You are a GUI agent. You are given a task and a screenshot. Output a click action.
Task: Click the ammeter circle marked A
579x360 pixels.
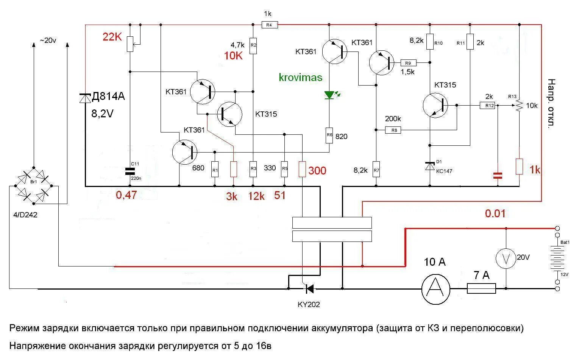(x=435, y=289)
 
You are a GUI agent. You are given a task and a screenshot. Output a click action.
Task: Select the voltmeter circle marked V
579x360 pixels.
(x=506, y=258)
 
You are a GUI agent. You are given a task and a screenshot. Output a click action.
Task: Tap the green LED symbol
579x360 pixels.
(x=329, y=95)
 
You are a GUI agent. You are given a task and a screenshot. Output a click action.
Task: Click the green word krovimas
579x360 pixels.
(x=300, y=78)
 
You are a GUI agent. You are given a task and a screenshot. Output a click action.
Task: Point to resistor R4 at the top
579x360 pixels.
(x=270, y=25)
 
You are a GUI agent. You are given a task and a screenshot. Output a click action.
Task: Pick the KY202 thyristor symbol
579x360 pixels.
(x=309, y=289)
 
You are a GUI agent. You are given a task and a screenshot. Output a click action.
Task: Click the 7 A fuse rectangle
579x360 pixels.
(x=481, y=289)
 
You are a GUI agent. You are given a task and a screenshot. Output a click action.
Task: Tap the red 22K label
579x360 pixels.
(x=112, y=37)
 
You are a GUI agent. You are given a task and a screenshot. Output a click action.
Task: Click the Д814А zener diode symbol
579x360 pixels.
(x=85, y=98)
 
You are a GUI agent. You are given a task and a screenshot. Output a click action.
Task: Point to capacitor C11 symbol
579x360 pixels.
(x=130, y=171)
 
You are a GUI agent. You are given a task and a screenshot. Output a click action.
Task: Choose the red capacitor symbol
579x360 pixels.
(x=498, y=175)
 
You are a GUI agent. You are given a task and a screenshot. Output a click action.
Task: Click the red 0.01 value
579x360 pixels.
(x=495, y=214)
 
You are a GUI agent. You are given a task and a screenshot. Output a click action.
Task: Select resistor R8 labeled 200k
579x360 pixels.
(x=393, y=130)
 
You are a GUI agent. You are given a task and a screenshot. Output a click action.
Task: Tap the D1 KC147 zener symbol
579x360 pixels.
(x=430, y=166)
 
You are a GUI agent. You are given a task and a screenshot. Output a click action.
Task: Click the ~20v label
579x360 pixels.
(x=48, y=41)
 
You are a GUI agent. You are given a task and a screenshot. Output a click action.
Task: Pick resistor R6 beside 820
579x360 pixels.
(x=329, y=135)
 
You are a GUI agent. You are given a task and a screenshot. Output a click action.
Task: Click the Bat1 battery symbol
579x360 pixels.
(x=557, y=258)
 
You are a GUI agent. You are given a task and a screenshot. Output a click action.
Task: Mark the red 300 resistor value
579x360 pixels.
(x=317, y=171)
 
